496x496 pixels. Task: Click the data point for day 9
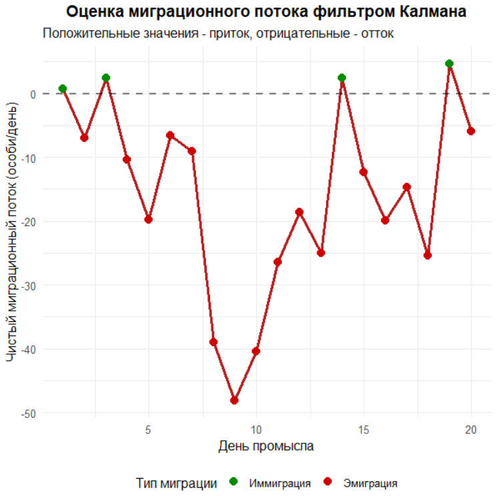234,401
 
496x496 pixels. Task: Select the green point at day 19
449,63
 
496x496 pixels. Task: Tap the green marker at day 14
342,78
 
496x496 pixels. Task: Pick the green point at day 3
105,78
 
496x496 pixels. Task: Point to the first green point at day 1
63,89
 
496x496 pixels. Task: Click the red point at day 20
471,131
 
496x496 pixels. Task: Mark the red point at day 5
149,219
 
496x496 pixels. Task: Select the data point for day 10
256,351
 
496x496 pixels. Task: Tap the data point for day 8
213,342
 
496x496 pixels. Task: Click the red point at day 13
321,253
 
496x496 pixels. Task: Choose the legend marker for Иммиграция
233,482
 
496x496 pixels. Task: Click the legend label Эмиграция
370,483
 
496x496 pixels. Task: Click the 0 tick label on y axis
32,94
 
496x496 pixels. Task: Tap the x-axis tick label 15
363,429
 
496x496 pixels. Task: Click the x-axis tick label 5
149,429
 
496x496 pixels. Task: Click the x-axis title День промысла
266,446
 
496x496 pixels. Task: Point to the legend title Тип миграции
176,483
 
